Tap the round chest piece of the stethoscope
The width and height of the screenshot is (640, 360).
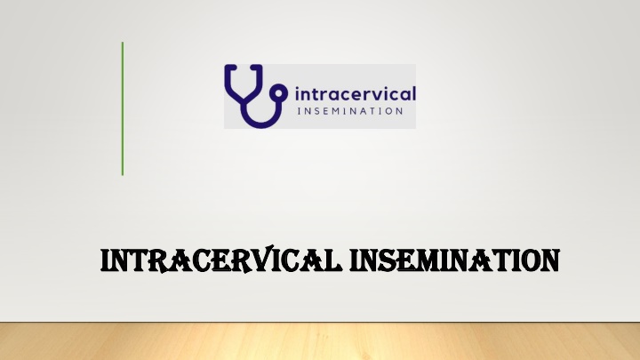[279, 93]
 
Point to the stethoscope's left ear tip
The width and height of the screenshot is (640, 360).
[230, 67]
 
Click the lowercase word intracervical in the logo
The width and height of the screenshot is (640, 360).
[355, 93]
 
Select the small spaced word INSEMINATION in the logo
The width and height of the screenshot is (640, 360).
[350, 111]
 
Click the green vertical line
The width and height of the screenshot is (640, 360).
[123, 108]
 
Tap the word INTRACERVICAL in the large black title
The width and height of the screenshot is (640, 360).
[220, 260]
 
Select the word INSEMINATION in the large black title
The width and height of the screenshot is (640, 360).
[454, 260]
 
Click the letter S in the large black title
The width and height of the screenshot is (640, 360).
[385, 260]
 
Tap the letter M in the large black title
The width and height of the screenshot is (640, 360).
[430, 260]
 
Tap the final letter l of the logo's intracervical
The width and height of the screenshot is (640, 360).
[414, 93]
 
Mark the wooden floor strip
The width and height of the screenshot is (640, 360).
[320, 341]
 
